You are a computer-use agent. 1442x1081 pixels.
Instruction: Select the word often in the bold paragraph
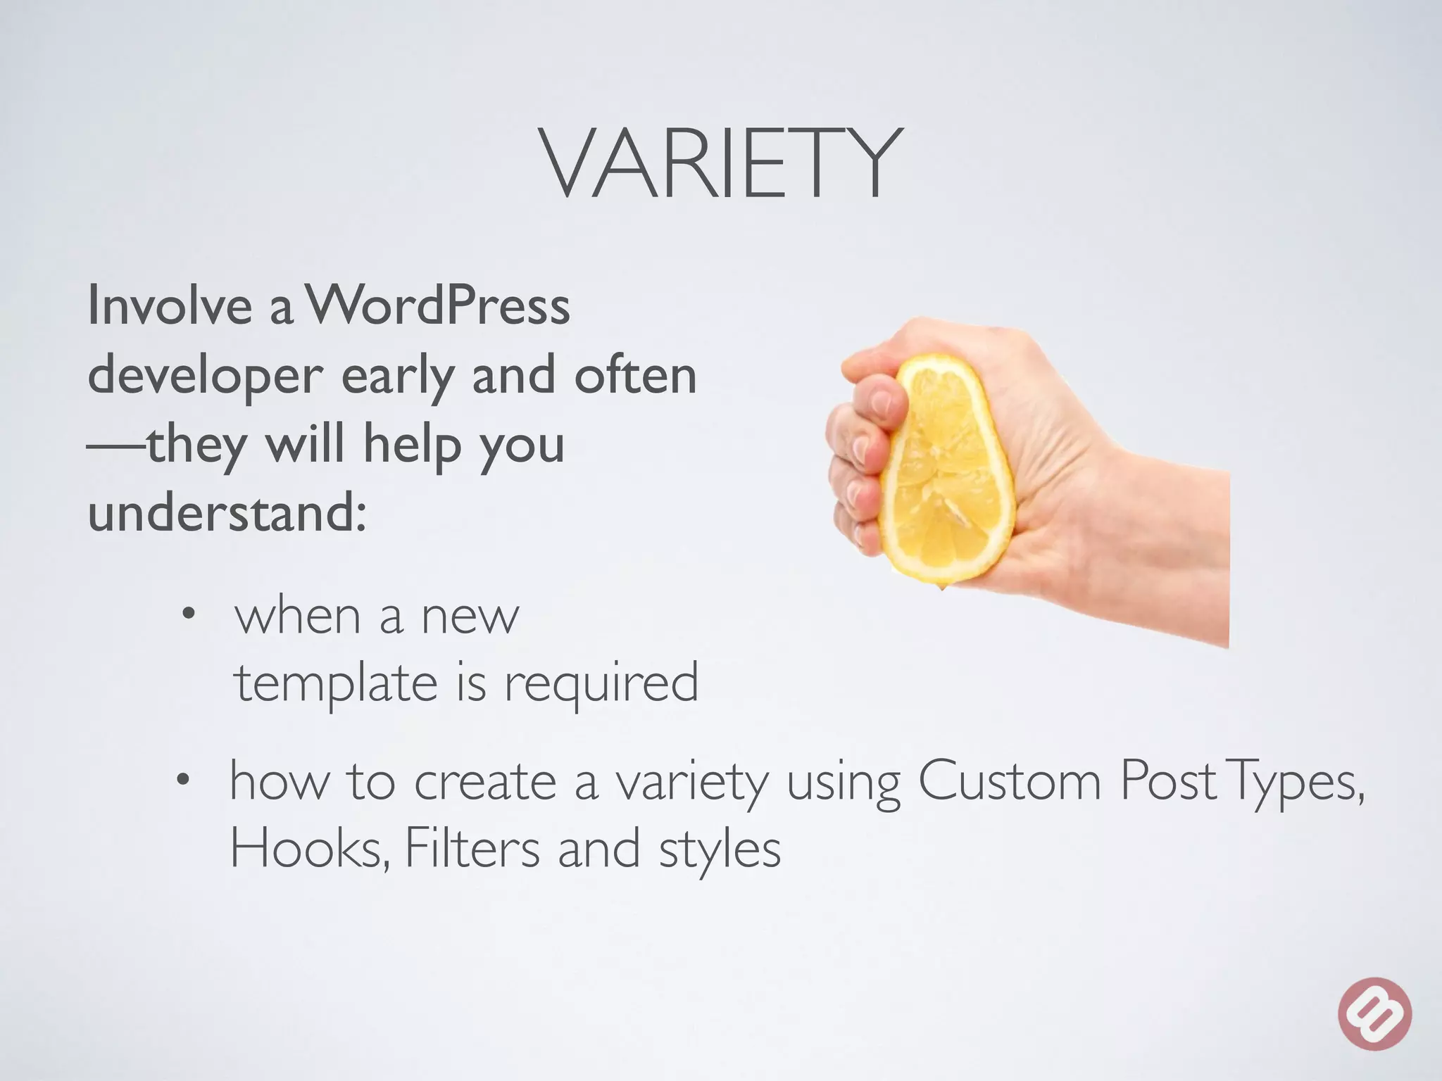(x=635, y=375)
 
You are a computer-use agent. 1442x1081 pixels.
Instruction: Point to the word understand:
(x=227, y=512)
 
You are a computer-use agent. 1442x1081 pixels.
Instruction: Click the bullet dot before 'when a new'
(x=187, y=615)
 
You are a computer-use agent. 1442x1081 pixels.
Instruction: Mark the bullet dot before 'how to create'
(x=184, y=780)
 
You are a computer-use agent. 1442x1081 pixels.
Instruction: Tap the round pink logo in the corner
(x=1375, y=1014)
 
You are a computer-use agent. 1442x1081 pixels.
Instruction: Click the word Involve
(x=169, y=307)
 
